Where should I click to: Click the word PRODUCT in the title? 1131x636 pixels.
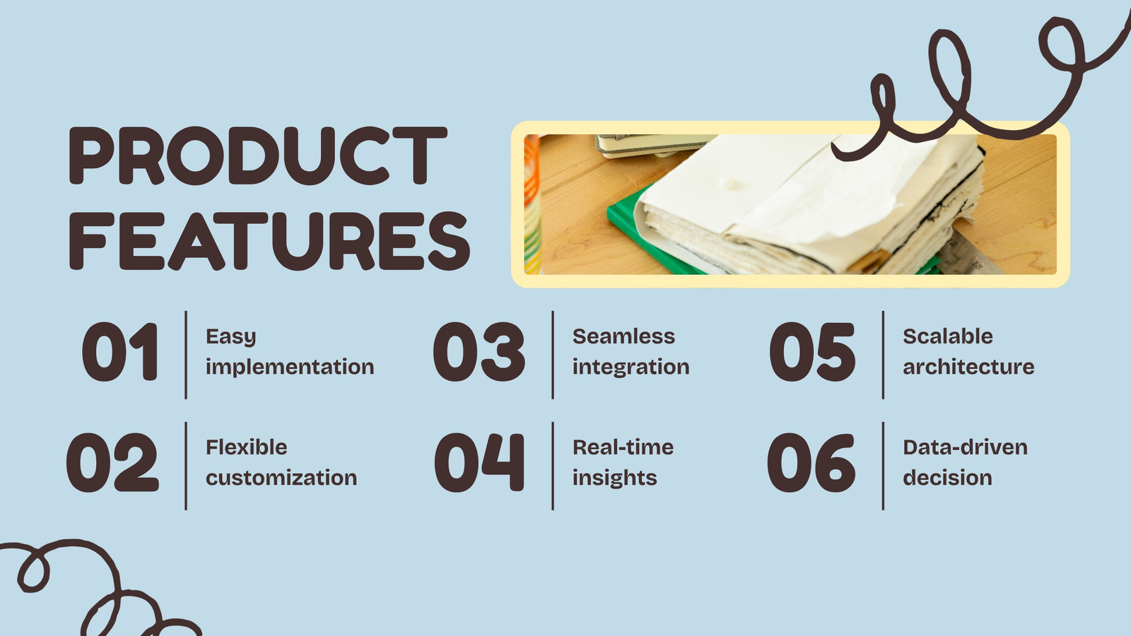[258, 155]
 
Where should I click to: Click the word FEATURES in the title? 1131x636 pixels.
[269, 241]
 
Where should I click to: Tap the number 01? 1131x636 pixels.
[121, 352]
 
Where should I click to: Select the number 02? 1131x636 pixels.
[112, 462]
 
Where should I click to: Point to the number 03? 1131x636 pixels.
[479, 352]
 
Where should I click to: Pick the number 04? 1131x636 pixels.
[479, 462]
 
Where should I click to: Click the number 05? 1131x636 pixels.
[812, 352]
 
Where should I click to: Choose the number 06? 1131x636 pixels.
[811, 462]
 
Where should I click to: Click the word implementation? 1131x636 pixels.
[290, 367]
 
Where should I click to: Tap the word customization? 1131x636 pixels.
[281, 478]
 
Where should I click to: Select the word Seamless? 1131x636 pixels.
[623, 336]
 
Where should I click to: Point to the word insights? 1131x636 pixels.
[614, 478]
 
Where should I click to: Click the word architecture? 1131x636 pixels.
[968, 367]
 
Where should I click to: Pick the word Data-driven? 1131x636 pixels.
[966, 447]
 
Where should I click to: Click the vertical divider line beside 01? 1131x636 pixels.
[186, 355]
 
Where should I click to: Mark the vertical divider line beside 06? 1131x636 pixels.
[883, 466]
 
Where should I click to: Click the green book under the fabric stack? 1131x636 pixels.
[636, 232]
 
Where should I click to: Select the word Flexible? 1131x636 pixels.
[247, 447]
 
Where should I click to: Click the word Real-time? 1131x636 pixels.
[623, 447]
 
